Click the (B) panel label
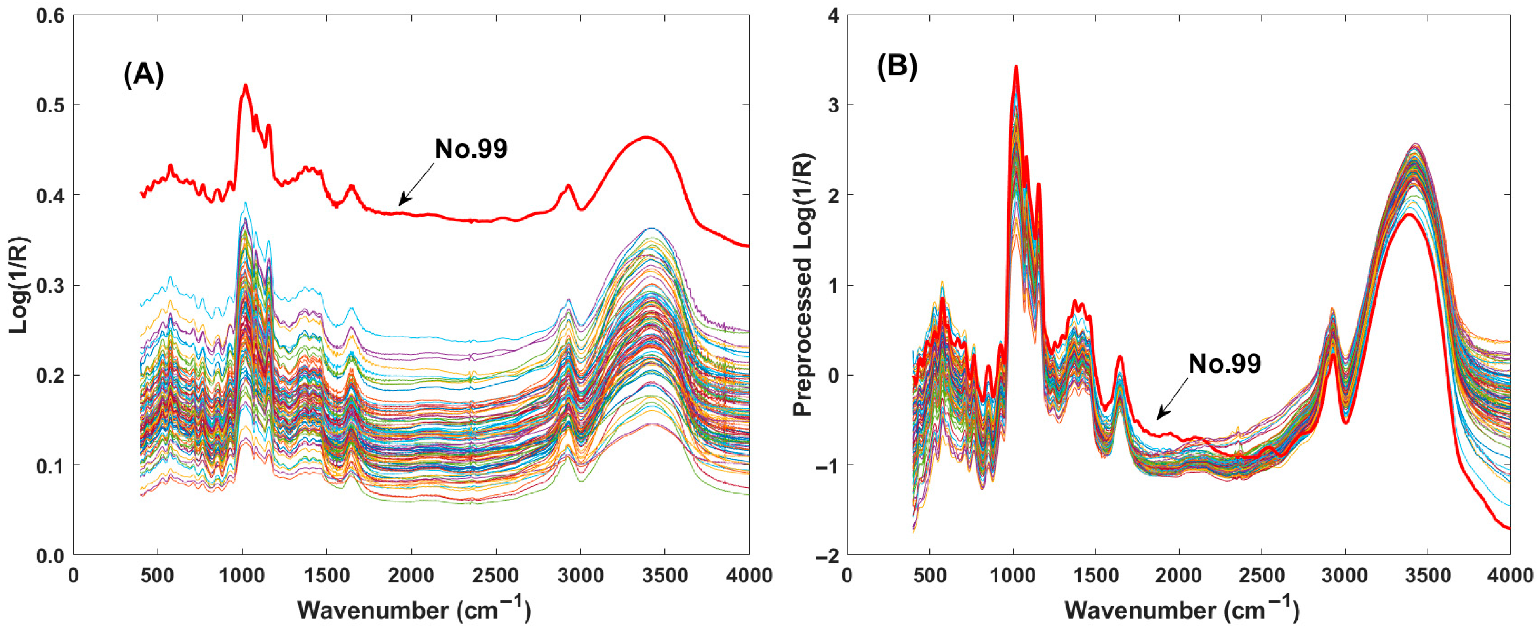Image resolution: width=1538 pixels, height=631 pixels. tap(897, 67)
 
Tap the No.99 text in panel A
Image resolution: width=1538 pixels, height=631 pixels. tap(470, 149)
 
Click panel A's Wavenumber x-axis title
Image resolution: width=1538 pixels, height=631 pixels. tap(414, 610)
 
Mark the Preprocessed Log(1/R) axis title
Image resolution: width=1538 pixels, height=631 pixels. tap(803, 285)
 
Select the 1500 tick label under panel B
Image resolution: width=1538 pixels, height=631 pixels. tap(1013, 576)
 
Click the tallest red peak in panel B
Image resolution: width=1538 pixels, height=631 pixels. tap(1016, 67)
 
